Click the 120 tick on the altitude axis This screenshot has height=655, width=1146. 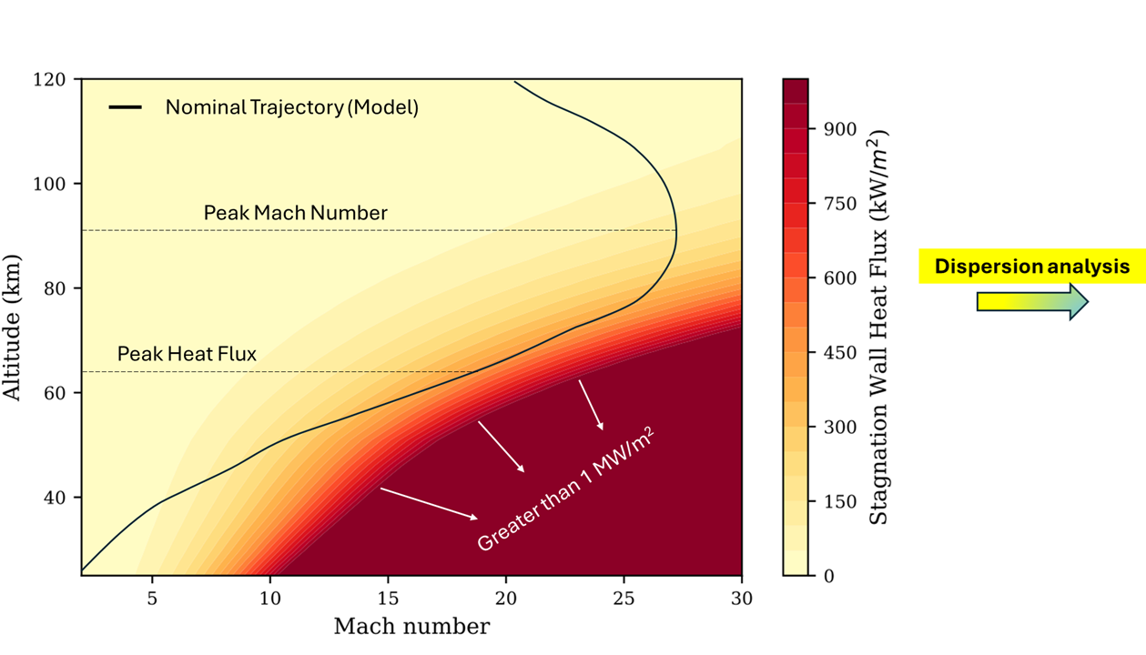tap(51, 80)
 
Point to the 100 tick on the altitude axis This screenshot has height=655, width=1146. tap(51, 184)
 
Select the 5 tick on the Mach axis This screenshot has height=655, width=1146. tap(152, 598)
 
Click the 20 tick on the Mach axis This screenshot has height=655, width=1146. tap(506, 598)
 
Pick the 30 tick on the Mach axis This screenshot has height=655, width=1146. tap(742, 598)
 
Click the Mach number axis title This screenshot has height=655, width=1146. tap(411, 627)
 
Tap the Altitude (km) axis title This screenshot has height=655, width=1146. tap(13, 327)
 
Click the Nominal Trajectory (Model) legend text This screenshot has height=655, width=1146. tap(291, 107)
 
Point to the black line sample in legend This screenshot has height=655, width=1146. tap(126, 107)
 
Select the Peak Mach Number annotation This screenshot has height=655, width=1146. tap(295, 213)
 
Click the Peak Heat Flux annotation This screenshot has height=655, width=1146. tap(187, 354)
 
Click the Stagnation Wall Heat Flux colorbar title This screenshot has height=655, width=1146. tap(878, 327)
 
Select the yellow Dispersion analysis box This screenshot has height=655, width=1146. tap(1031, 267)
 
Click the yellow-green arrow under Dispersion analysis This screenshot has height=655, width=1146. tap(1031, 301)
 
